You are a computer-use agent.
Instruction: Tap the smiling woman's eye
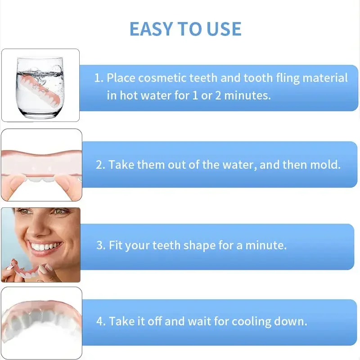pos(26,211)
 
